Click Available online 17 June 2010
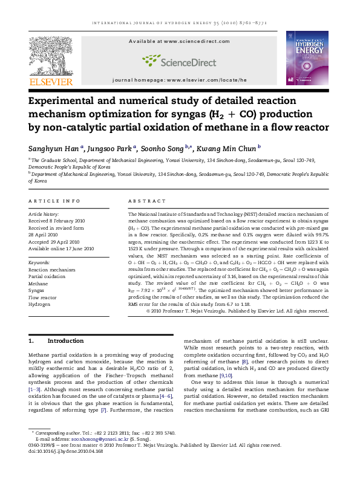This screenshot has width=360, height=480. [x=61, y=248]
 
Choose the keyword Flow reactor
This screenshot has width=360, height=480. [x=42, y=297]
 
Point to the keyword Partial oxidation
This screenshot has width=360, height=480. [x=47, y=276]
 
